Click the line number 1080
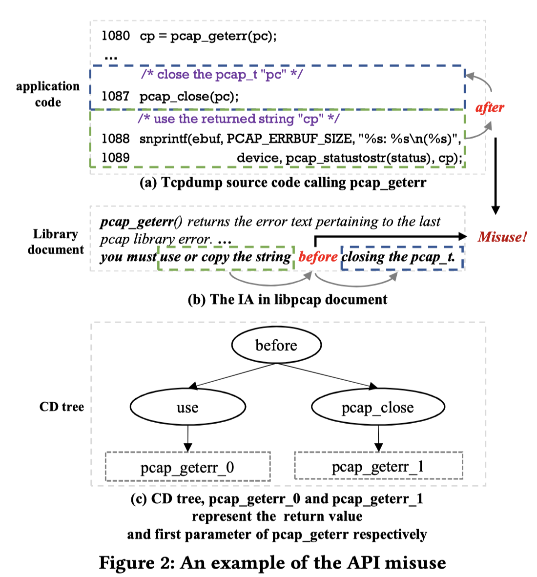(x=115, y=36)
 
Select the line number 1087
(x=115, y=96)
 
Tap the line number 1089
(x=115, y=158)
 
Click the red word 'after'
(x=490, y=107)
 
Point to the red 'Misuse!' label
(x=502, y=237)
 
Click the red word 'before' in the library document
(x=318, y=257)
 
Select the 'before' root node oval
(x=276, y=345)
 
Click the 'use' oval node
(x=187, y=407)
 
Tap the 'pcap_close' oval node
(x=377, y=407)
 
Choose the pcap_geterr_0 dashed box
(x=187, y=467)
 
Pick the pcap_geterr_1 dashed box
(x=378, y=466)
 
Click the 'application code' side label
(x=47, y=94)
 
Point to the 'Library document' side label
(x=55, y=242)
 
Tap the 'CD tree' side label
(x=62, y=407)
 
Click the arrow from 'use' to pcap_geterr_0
(x=188, y=438)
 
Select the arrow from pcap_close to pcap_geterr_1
(x=378, y=438)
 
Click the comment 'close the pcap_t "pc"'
(x=222, y=74)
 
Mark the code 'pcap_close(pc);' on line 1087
(x=189, y=96)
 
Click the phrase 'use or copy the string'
(x=226, y=257)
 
